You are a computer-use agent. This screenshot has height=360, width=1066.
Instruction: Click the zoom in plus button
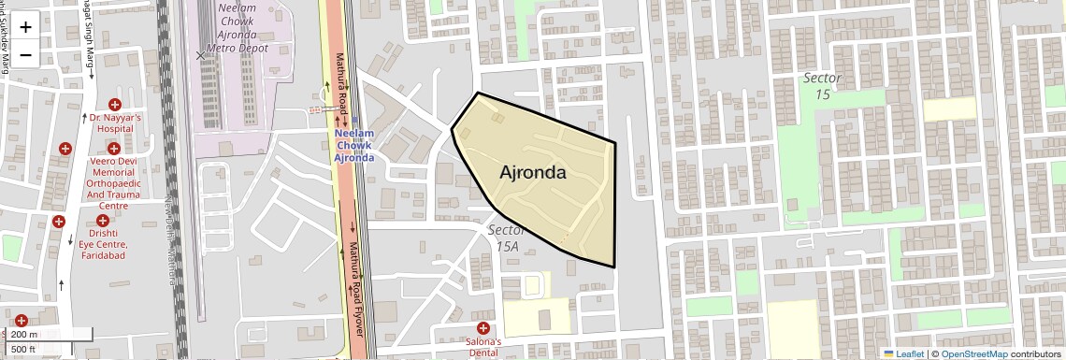25,27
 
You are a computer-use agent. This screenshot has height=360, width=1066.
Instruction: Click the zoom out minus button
25,55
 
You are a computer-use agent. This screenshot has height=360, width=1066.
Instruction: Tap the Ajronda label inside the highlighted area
533,173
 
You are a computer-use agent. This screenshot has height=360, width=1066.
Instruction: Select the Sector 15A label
504,238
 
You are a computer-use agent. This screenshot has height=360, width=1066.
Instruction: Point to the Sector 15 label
823,86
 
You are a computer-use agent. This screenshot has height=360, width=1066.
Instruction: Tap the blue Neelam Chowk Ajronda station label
354,146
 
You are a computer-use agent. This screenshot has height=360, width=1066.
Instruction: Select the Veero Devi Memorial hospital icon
114,148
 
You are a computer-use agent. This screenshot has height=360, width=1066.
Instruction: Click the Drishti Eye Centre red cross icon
103,221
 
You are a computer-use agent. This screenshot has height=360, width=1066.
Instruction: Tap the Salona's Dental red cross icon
483,327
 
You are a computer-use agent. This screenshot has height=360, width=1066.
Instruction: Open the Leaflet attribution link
903,353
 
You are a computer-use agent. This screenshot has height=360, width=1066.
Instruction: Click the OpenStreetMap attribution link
973,353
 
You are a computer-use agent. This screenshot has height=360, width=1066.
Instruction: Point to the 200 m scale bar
47,335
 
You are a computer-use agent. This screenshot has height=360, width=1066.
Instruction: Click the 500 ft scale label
23,349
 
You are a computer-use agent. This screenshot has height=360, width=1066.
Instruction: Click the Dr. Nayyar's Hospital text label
116,124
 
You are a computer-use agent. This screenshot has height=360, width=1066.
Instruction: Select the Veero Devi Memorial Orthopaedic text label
114,182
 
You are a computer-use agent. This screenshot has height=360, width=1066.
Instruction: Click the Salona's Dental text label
483,347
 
